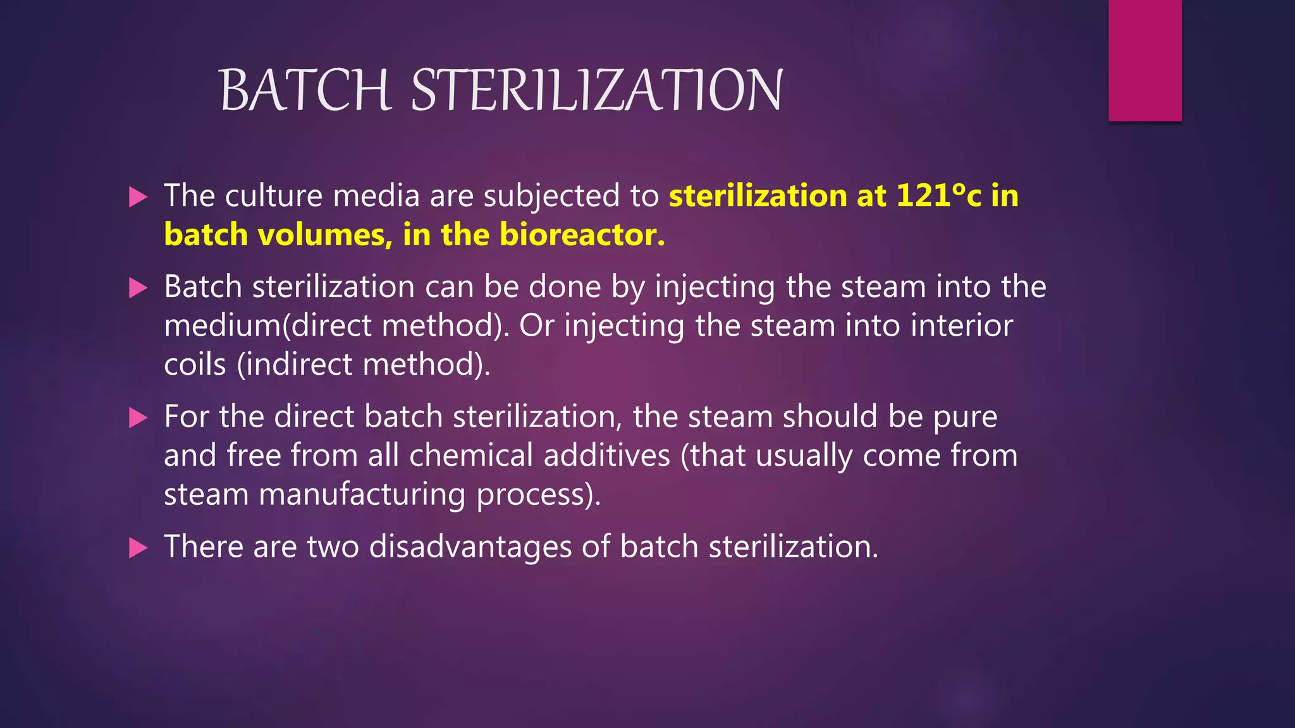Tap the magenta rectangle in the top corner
coord(1145,61)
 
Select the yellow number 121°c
coord(938,195)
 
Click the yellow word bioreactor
coord(582,234)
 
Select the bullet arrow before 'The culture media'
coord(138,197)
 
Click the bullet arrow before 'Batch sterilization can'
coord(138,288)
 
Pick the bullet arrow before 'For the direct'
coord(138,418)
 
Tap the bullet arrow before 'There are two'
coord(138,547)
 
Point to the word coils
coord(195,365)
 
